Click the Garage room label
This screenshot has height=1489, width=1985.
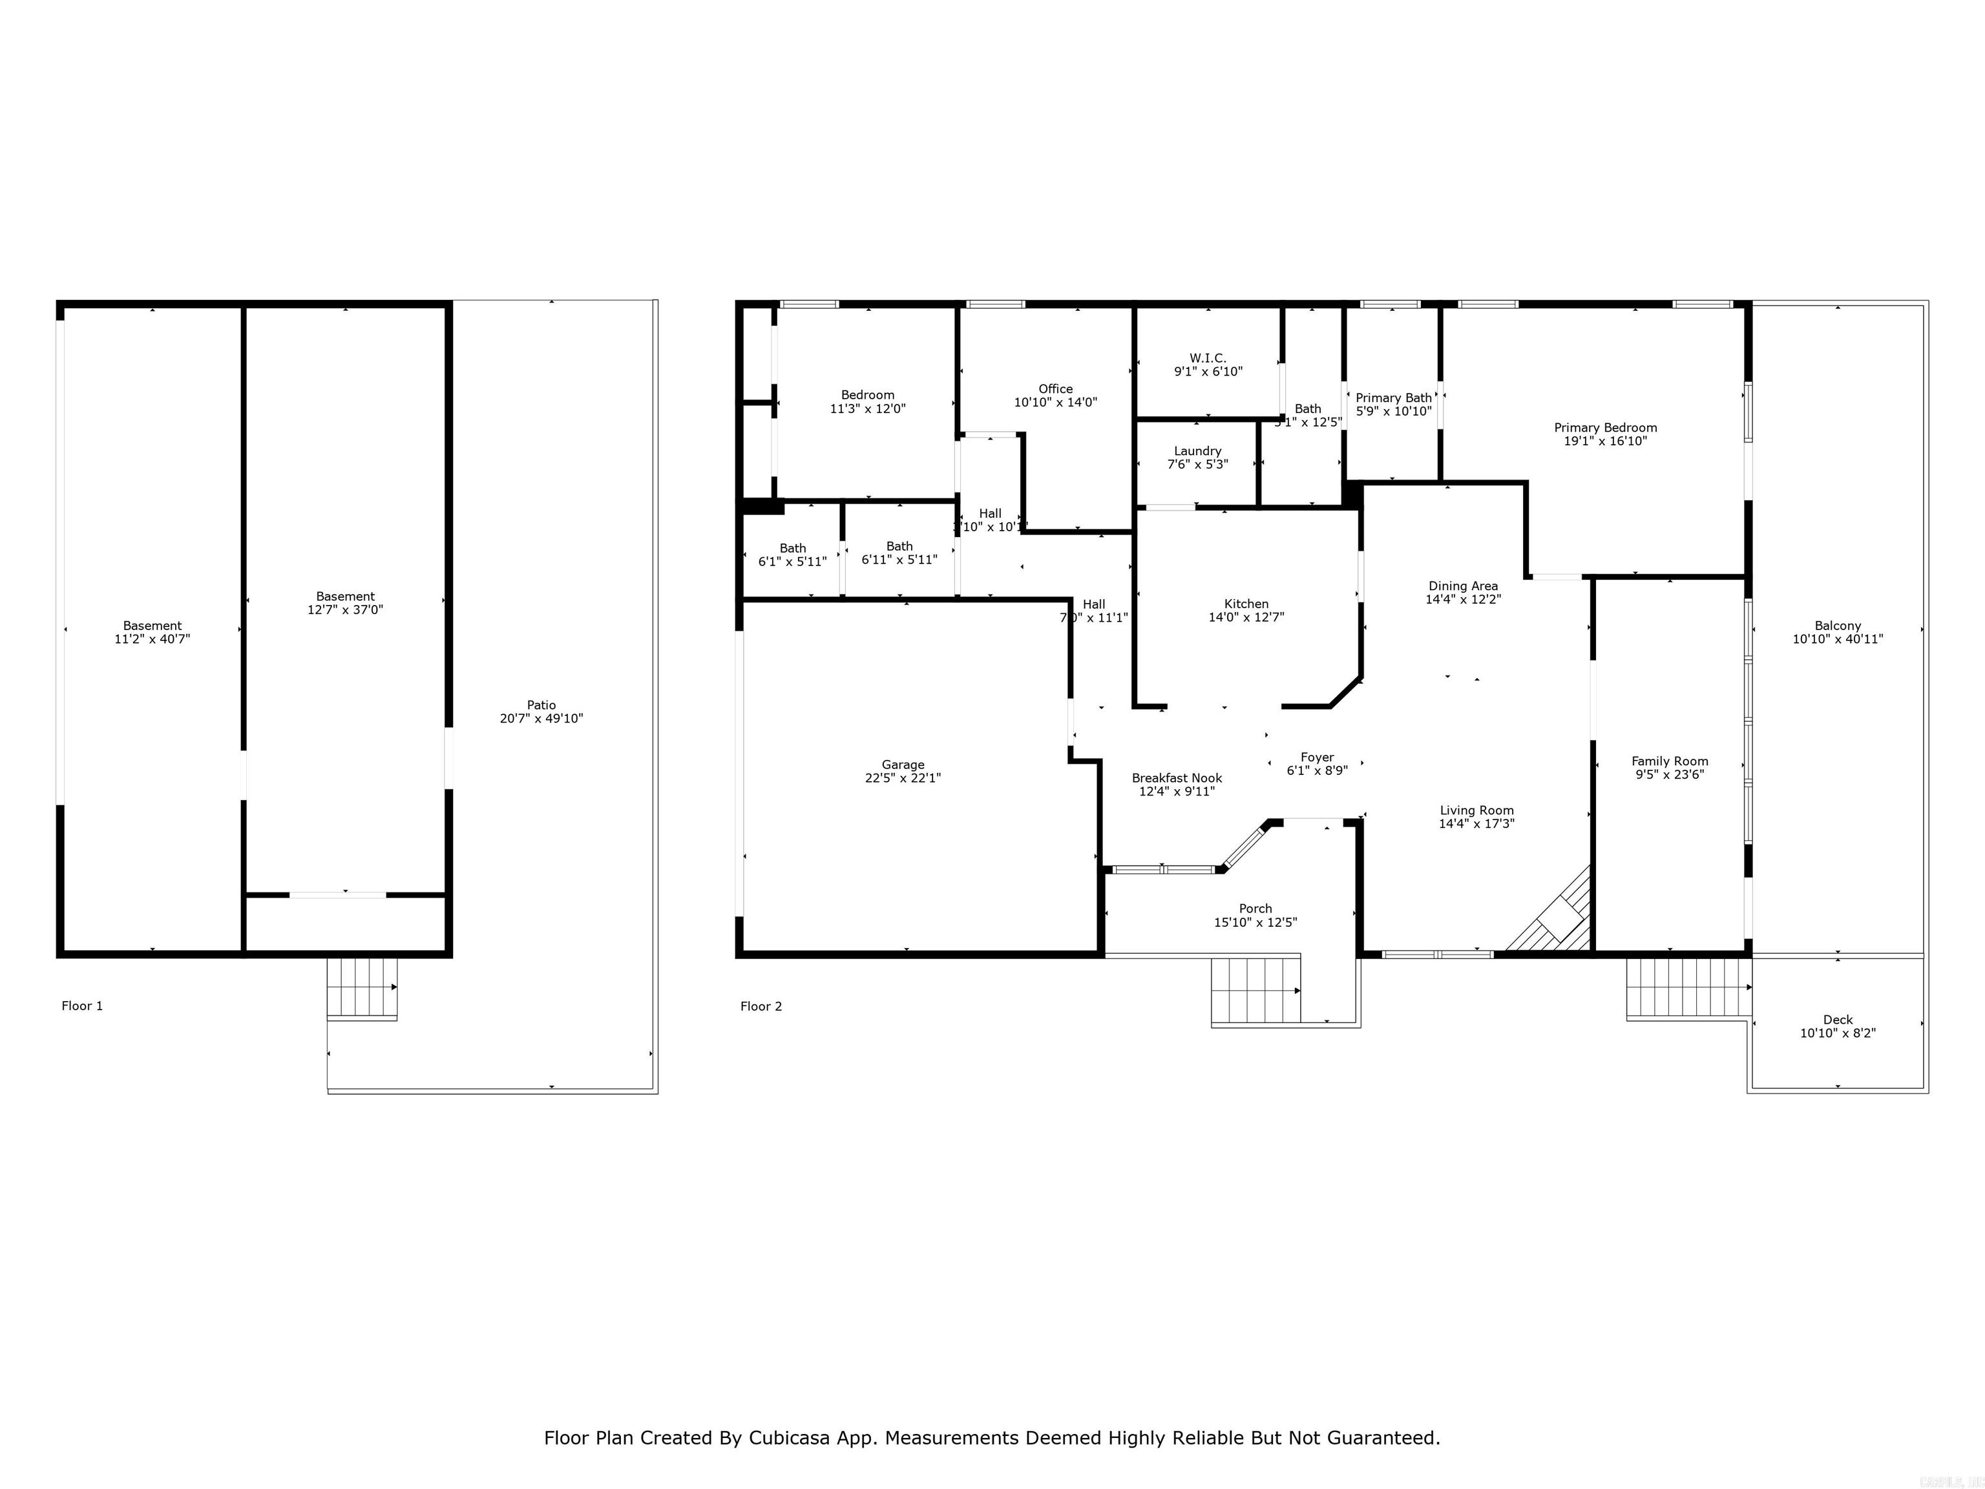click(x=902, y=765)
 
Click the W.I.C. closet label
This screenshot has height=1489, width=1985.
click(x=1207, y=358)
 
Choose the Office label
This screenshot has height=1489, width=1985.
click(x=1055, y=388)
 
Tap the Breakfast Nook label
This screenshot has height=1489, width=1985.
click(x=1177, y=778)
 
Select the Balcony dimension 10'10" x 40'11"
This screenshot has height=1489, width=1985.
click(x=1837, y=640)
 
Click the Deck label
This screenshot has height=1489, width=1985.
click(x=1837, y=1020)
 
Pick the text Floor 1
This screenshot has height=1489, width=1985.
click(x=81, y=1006)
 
